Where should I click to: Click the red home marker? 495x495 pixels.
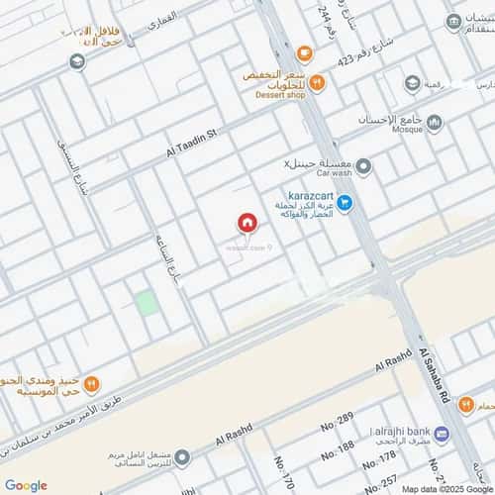click(x=246, y=224)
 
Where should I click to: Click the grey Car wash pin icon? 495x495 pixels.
click(x=364, y=165)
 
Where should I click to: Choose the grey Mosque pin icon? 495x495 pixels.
click(x=435, y=122)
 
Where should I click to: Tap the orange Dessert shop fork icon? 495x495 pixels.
click(x=317, y=83)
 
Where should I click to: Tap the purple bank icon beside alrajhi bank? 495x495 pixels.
click(x=442, y=434)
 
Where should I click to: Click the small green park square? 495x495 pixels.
click(x=147, y=303)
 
